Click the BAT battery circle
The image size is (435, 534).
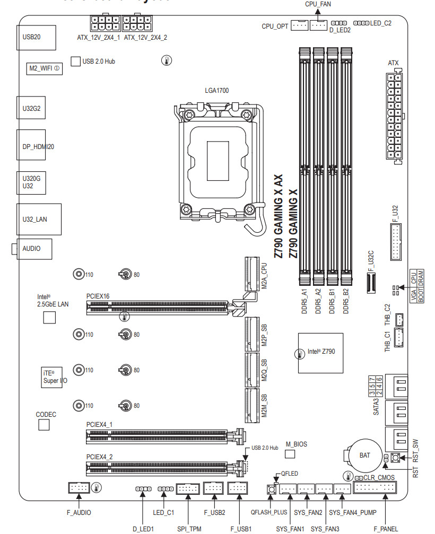pos(364,455)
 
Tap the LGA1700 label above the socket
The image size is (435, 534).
pos(216,91)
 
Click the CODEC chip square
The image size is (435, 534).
pos(43,425)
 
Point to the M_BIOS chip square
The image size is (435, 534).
pos(290,454)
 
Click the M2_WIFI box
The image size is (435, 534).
pos(44,68)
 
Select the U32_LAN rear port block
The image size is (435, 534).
pos(39,218)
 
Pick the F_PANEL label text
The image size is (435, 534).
pos(386,529)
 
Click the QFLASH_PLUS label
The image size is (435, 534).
pos(269,513)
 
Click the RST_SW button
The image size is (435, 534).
pos(395,458)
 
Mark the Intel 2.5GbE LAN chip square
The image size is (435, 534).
pos(49,317)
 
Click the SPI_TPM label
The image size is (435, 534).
pos(189,529)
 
